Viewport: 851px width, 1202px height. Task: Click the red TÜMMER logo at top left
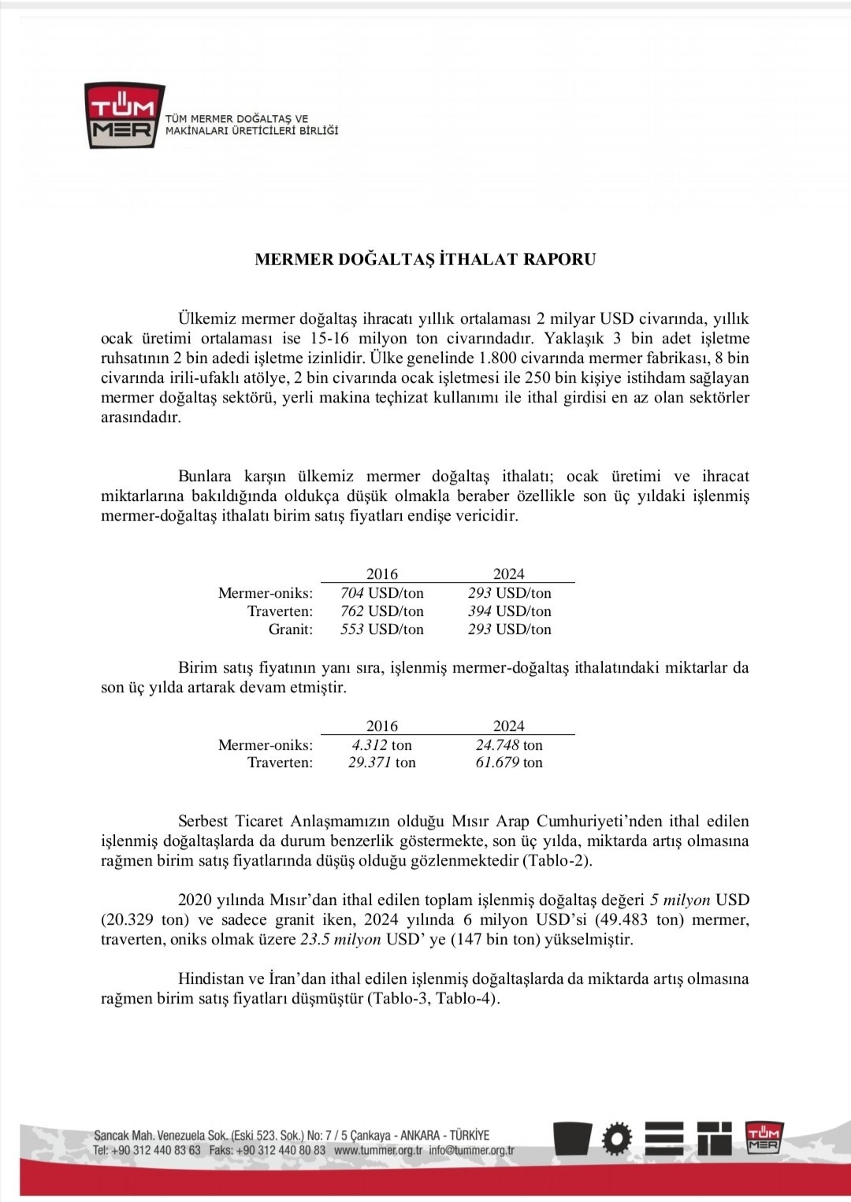point(124,115)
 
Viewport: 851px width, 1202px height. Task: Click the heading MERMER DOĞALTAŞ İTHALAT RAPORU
point(425,259)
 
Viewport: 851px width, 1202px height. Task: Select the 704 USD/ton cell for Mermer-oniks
point(382,593)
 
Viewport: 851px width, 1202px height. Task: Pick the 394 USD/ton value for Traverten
point(509,611)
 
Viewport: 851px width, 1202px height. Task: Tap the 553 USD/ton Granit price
point(382,629)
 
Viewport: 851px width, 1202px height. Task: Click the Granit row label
point(291,629)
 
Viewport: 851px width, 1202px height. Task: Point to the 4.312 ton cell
point(382,745)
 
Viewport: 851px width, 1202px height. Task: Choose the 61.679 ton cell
point(509,762)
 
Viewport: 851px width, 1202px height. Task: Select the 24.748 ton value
point(509,745)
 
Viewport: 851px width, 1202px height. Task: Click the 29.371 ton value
point(382,762)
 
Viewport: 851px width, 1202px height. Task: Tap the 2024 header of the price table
point(509,574)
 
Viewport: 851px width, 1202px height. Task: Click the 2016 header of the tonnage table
point(382,726)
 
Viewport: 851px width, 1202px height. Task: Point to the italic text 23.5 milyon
point(340,940)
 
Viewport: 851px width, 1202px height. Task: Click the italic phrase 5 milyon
point(680,900)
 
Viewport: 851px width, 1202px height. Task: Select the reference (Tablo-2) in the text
point(557,861)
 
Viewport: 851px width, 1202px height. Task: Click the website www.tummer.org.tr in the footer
point(378,1150)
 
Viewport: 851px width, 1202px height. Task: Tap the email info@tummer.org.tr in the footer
point(472,1150)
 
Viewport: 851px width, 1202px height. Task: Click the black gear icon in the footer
point(617,1138)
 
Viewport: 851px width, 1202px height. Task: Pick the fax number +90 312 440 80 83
point(280,1150)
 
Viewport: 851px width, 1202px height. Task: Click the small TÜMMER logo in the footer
point(763,1138)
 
